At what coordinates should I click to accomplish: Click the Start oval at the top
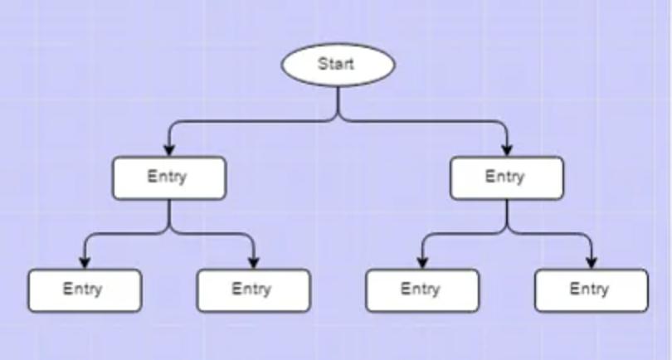[x=338, y=65]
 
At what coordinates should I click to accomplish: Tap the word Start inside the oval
[x=336, y=63]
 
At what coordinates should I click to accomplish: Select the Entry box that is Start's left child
[x=169, y=178]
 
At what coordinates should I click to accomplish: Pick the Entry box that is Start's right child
[x=506, y=178]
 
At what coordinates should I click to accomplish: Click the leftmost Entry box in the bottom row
[x=85, y=290]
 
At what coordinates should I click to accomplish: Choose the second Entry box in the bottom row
[x=253, y=290]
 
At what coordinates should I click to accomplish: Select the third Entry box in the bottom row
[x=422, y=290]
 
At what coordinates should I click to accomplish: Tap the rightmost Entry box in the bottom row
[x=591, y=290]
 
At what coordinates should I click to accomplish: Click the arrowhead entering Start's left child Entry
[x=169, y=149]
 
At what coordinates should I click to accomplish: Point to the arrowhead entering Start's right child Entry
[x=507, y=149]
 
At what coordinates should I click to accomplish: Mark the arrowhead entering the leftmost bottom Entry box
[x=85, y=262]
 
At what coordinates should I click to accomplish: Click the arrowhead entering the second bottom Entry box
[x=254, y=262]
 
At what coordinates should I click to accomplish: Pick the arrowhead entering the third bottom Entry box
[x=422, y=262]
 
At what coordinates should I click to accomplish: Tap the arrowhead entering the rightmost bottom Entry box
[x=591, y=262]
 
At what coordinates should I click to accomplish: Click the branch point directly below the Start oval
[x=338, y=120]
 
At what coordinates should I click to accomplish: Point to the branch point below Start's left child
[x=169, y=233]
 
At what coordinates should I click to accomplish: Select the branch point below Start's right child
[x=507, y=233]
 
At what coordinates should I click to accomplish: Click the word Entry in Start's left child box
[x=167, y=177]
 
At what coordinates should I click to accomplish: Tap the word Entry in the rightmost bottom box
[x=589, y=289]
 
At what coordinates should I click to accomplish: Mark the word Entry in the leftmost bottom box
[x=82, y=289]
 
